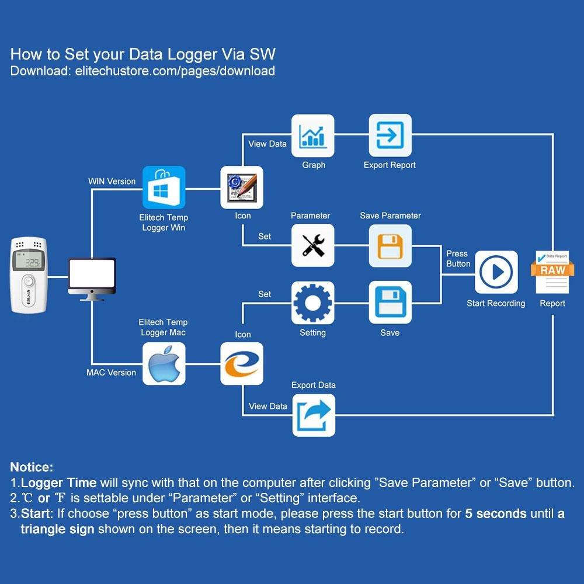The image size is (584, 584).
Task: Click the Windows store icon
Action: (164, 187)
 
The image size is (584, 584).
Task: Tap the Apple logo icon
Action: (164, 363)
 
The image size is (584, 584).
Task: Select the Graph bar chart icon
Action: (313, 135)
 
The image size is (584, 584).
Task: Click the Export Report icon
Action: (390, 135)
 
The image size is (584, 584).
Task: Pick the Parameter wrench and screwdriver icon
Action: (313, 245)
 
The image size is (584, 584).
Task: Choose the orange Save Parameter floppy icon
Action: (390, 245)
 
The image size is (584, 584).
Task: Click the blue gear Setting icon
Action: (313, 303)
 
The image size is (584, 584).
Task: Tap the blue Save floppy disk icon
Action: (390, 303)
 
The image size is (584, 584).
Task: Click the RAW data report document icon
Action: (552, 271)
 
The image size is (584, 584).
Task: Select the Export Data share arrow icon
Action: (314, 415)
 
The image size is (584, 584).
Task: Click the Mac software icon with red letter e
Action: (242, 363)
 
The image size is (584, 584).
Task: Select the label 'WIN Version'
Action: (112, 181)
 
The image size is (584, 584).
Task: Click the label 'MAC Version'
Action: (111, 373)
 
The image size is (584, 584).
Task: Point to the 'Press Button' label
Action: (458, 259)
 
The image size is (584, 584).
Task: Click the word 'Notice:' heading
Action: (32, 467)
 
